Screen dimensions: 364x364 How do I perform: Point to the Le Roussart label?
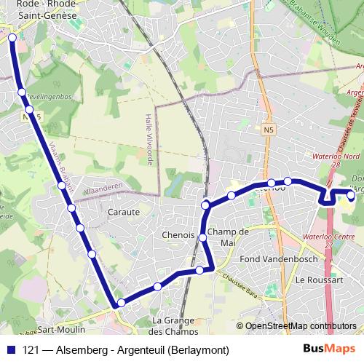[314, 280]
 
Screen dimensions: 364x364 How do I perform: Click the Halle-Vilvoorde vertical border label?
[149, 138]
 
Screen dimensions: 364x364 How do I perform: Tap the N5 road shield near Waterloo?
[269, 130]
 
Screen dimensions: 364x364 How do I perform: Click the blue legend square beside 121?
[12, 349]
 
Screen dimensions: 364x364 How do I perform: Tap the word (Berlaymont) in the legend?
[198, 349]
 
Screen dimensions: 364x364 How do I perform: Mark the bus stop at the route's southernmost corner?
[121, 303]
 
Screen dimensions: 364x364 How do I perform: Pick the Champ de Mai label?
[228, 237]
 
